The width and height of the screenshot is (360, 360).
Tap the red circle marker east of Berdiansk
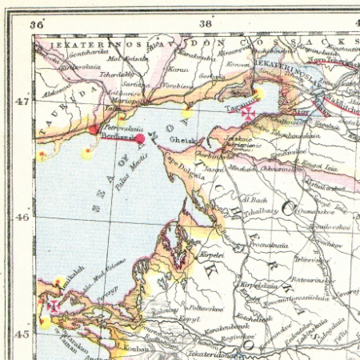[140, 139]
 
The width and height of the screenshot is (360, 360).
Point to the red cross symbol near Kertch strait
[53, 306]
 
